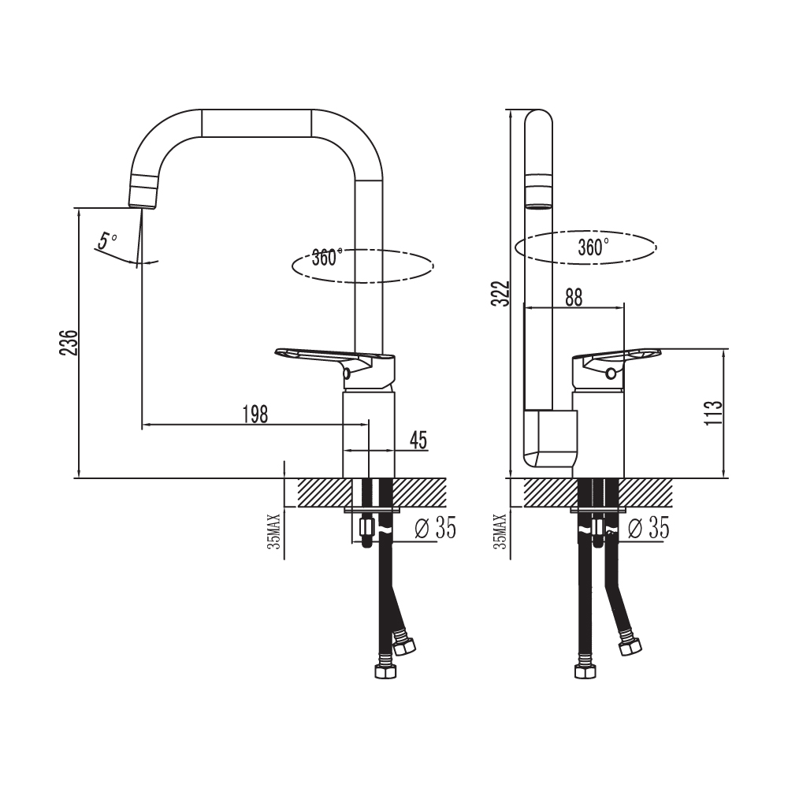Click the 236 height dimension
pyautogui.click(x=69, y=343)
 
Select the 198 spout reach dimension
pyautogui.click(x=255, y=414)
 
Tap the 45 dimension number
pyautogui.click(x=418, y=440)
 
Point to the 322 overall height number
pyautogui.click(x=500, y=293)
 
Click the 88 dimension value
pyautogui.click(x=574, y=297)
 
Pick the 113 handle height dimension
pyautogui.click(x=713, y=413)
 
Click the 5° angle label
pyautogui.click(x=106, y=240)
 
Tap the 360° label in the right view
pyautogui.click(x=593, y=247)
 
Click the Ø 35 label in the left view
pyautogui.click(x=436, y=528)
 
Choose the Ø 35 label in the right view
pyautogui.click(x=649, y=528)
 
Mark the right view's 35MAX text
pyautogui.click(x=500, y=531)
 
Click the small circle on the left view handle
pyautogui.click(x=346, y=374)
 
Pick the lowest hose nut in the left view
pyautogui.click(x=386, y=671)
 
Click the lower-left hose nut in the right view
pyautogui.click(x=585, y=671)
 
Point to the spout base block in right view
pyautogui.click(x=551, y=439)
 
